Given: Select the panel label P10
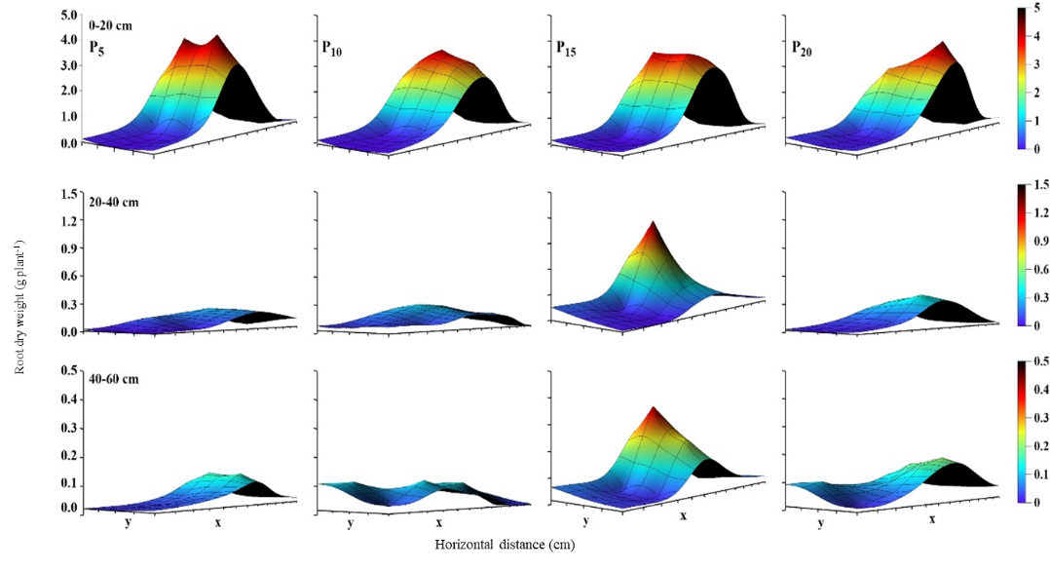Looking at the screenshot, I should click(x=333, y=47).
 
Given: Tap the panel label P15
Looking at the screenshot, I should click(x=566, y=47).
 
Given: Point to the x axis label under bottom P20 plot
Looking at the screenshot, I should click(x=931, y=519).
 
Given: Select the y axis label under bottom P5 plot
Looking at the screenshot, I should click(x=128, y=522).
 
